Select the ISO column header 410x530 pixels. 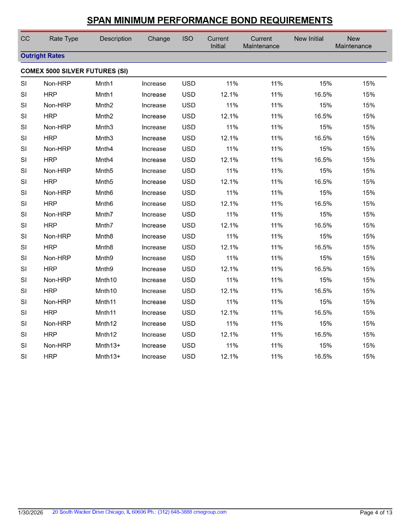[188, 39]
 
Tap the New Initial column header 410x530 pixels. [309, 39]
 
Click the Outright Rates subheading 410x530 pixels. [42, 56]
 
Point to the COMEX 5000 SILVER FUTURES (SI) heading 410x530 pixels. [74, 71]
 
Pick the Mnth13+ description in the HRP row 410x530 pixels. [108, 357]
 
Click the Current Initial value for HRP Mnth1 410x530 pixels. [229, 95]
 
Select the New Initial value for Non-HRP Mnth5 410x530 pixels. [326, 171]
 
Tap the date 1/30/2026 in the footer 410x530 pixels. [30, 513]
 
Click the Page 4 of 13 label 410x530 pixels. [376, 513]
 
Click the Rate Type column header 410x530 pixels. [64, 39]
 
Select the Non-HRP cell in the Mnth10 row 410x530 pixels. [57, 280]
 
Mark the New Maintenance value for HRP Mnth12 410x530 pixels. [369, 335]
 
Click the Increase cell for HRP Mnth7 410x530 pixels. [154, 226]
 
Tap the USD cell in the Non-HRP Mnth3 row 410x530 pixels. [189, 127]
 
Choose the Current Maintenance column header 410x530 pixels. [261, 42]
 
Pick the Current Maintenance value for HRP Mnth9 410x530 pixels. [277, 269]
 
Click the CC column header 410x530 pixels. [25, 39]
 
